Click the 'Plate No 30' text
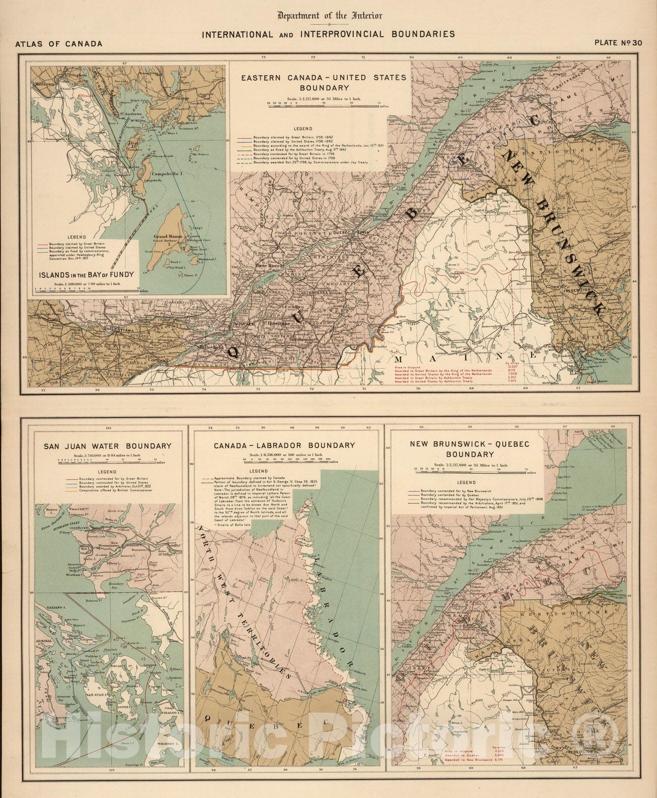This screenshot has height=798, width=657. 618,43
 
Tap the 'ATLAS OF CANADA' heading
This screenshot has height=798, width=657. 59,44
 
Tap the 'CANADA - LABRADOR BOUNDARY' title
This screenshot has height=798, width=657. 284,445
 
